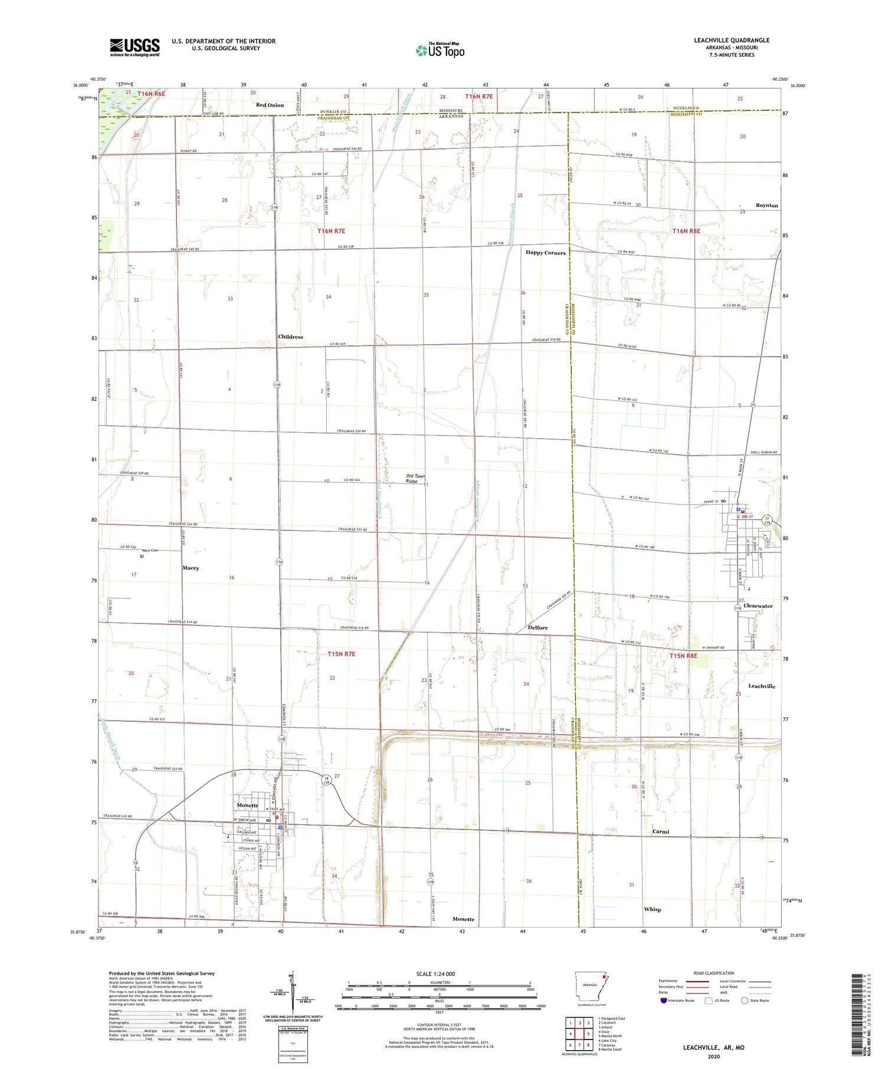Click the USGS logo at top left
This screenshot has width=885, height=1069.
135,47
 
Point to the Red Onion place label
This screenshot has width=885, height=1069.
270,105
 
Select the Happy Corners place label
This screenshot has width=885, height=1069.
545,252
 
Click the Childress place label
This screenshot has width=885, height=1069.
290,337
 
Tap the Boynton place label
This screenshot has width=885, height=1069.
766,205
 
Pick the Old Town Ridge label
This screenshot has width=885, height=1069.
415,478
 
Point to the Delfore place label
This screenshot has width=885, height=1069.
537,627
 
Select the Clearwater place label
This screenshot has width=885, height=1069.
758,606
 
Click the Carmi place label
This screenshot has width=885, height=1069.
660,831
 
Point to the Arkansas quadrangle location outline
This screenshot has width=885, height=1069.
590,986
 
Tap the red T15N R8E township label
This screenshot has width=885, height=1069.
683,656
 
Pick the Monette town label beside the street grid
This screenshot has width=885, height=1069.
247,805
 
